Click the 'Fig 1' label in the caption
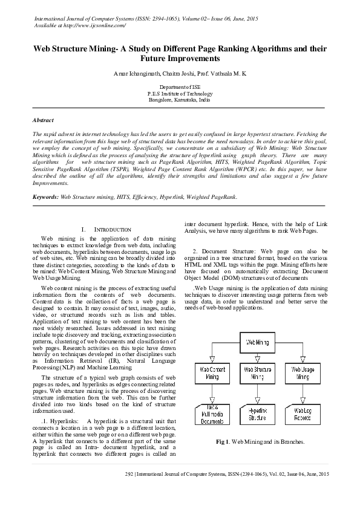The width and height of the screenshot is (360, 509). click(222, 442)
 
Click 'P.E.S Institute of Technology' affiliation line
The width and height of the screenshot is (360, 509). click(180, 94)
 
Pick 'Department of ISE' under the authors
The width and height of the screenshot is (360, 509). click(180, 88)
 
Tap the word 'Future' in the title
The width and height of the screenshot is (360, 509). click(157, 59)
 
